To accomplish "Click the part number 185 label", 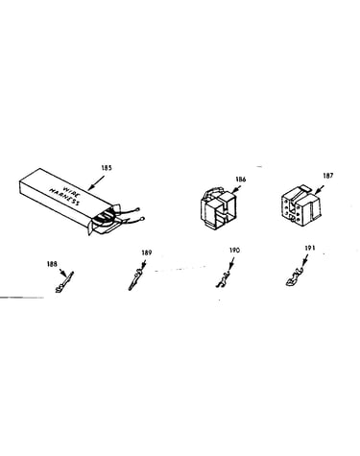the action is point(107,168).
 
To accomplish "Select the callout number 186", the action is point(241,180).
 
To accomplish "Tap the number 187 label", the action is point(328,176).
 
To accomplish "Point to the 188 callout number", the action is point(52,264).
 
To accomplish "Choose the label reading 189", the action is point(147,252).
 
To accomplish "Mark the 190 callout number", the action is point(234,251).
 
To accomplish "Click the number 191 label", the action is point(310,248).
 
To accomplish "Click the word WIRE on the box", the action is point(70,191).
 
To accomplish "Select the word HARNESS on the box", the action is point(64,197).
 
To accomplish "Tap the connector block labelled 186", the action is point(219,207).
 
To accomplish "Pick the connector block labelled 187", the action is point(300,204).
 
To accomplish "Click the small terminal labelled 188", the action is point(64,282).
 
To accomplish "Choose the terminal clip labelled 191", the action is point(295,277).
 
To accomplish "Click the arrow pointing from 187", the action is point(320,189).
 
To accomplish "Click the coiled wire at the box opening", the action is point(104,218).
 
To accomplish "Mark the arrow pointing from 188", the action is point(63,273).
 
